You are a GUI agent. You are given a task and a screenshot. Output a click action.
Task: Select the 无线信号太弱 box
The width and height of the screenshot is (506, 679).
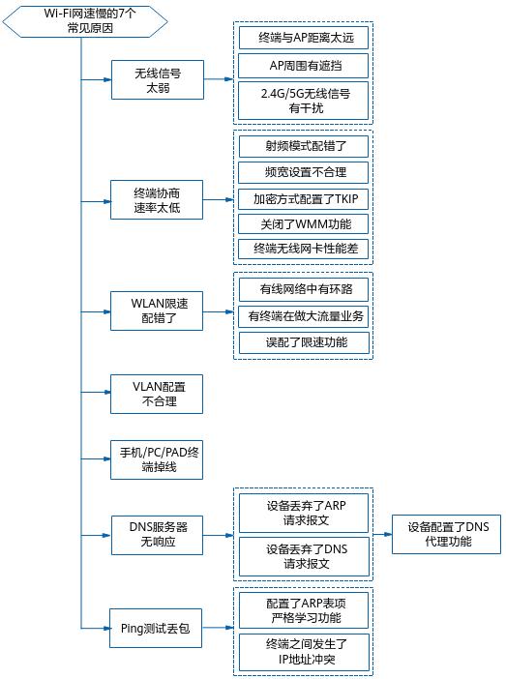[x=158, y=79]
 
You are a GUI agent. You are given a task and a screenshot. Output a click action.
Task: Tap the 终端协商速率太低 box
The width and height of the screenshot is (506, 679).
[x=158, y=199]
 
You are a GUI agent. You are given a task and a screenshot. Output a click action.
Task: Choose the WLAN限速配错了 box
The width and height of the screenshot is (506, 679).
[x=158, y=310]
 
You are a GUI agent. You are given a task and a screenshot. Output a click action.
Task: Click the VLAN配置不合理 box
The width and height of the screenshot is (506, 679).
[x=158, y=394]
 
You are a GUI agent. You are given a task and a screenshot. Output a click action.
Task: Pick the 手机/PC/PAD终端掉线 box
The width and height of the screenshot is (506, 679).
[x=158, y=458]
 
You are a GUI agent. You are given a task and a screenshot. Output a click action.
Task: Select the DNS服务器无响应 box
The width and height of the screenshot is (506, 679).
[x=158, y=534]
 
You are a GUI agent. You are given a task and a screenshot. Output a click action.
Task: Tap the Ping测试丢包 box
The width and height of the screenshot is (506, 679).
[x=158, y=628]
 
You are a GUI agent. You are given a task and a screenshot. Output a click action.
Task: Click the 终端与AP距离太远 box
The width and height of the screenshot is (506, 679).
[x=304, y=39]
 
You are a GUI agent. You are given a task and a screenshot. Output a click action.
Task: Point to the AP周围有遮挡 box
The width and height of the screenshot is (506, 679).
[x=304, y=67]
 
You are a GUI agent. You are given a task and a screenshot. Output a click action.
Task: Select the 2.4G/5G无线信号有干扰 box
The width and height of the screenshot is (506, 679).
[x=304, y=101]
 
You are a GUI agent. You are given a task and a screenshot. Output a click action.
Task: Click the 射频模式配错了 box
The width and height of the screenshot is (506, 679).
[x=304, y=147]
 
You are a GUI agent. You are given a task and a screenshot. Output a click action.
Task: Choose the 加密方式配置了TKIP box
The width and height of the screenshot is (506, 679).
[x=304, y=198]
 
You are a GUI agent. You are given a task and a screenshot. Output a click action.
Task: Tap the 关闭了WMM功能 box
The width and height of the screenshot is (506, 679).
[x=304, y=223]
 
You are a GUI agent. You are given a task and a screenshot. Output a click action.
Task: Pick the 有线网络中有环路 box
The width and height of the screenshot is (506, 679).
[x=304, y=289]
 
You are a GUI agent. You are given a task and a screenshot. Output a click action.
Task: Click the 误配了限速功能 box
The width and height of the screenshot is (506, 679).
[x=304, y=341]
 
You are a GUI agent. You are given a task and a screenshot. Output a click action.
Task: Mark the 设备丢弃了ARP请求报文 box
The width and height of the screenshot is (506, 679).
[x=304, y=513]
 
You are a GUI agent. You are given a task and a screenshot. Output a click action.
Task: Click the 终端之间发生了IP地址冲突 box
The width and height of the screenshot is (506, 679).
[x=304, y=653]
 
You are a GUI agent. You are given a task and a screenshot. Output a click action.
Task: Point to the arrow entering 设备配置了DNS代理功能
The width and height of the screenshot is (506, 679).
[x=384, y=534]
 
